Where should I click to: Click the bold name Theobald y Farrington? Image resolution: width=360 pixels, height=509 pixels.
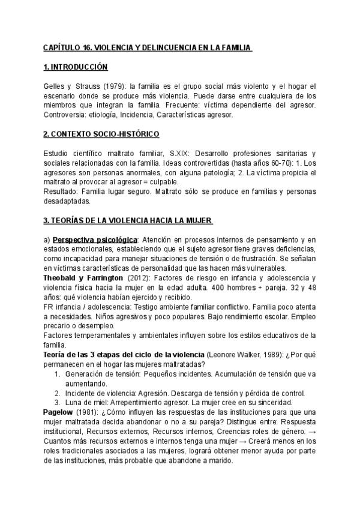[x=87, y=279]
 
